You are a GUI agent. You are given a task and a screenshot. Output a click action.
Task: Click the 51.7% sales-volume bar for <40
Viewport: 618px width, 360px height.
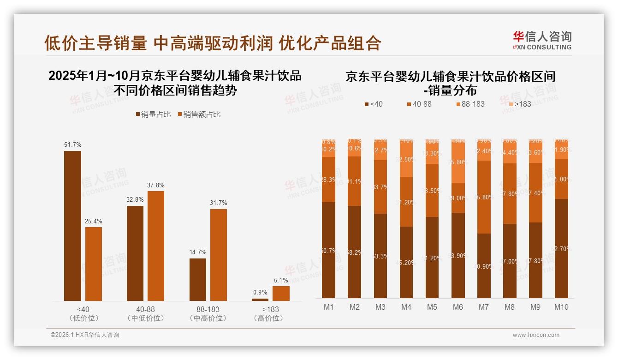tap(72, 226)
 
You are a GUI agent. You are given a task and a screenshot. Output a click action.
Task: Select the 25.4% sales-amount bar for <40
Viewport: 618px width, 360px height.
tap(94, 264)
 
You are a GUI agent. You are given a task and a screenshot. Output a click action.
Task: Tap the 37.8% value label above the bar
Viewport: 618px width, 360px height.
tap(156, 186)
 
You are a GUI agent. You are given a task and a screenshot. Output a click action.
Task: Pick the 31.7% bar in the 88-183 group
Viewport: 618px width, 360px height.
tap(219, 255)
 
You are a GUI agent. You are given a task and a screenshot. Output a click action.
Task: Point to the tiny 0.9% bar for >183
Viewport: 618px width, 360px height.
tap(260, 300)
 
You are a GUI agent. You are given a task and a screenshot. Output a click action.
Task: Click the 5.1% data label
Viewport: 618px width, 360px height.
tap(281, 280)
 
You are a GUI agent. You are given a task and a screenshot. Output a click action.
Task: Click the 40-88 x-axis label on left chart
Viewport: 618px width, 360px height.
tap(146, 309)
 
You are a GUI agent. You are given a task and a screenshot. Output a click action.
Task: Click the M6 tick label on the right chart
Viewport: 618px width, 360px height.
tap(458, 307)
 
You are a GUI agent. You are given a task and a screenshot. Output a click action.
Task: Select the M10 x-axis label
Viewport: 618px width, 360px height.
tap(561, 307)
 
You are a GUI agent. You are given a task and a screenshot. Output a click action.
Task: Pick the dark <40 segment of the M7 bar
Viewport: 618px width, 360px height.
tap(483, 265)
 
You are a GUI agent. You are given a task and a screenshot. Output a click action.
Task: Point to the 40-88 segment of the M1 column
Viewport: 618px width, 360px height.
tap(328, 179)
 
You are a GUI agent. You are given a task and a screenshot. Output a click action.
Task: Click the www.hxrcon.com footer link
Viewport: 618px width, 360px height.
tap(535, 335)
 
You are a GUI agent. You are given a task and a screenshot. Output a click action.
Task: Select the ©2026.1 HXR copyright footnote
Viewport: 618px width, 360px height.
tap(84, 335)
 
